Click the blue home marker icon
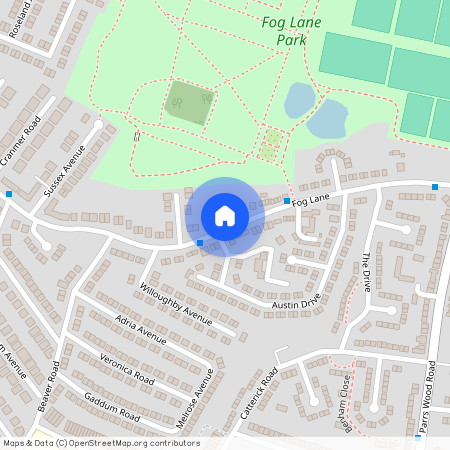(x=225, y=215)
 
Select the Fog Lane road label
(x=311, y=200)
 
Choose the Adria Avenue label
(x=140, y=328)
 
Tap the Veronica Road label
(x=126, y=369)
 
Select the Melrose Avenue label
(x=198, y=397)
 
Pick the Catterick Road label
(x=268, y=391)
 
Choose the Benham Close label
(x=343, y=398)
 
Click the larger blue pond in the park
(x=326, y=120)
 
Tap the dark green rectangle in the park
(x=188, y=102)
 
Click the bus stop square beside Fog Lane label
(x=287, y=201)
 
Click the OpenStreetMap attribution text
(x=100, y=443)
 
